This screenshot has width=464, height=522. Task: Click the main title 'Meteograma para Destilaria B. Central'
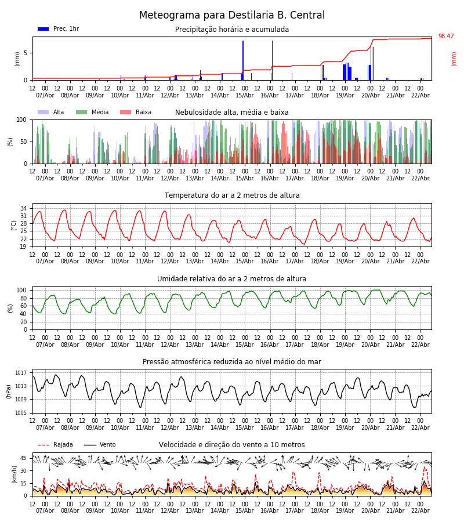pyautogui.click(x=232, y=16)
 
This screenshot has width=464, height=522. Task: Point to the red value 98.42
pyautogui.click(x=446, y=37)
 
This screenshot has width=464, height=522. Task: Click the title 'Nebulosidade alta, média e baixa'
pyautogui.click(x=232, y=113)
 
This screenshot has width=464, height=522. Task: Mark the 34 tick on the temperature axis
pyautogui.click(x=23, y=208)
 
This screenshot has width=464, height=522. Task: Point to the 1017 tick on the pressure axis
pyautogui.click(x=21, y=373)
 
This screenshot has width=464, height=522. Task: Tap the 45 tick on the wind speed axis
pyautogui.click(x=23, y=458)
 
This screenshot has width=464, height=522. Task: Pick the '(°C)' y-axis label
pyautogui.click(x=14, y=225)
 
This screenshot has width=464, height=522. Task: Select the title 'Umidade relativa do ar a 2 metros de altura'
pyautogui.click(x=232, y=279)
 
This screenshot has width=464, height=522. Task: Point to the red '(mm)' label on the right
pyautogui.click(x=454, y=59)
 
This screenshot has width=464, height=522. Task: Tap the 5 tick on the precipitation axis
pyautogui.click(x=26, y=53)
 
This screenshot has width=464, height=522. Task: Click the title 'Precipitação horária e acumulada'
pyautogui.click(x=232, y=30)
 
